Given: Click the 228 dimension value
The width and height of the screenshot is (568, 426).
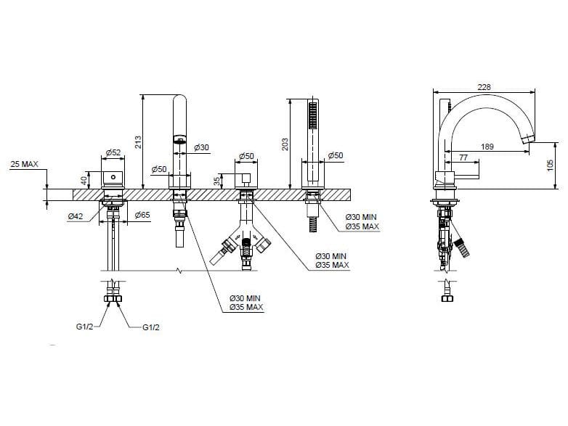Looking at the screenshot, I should click(484, 86).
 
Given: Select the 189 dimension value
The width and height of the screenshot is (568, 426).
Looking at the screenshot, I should click(487, 147).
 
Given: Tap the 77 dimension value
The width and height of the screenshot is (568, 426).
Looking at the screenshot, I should click(463, 157).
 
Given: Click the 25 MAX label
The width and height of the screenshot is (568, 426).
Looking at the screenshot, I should click(24, 165).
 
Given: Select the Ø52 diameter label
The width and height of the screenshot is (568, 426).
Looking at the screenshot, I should click(113, 152).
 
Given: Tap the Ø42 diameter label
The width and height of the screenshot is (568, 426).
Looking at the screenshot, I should click(74, 216).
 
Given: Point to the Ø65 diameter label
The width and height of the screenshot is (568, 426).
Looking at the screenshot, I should click(142, 216).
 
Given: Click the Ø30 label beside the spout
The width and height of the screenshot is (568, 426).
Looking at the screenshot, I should click(201, 147).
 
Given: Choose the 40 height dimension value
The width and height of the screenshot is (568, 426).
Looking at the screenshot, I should click(84, 179).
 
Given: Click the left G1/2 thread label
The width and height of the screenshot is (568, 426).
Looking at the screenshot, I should click(86, 327).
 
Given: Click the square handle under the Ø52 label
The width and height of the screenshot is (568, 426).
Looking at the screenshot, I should click(112, 178).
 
